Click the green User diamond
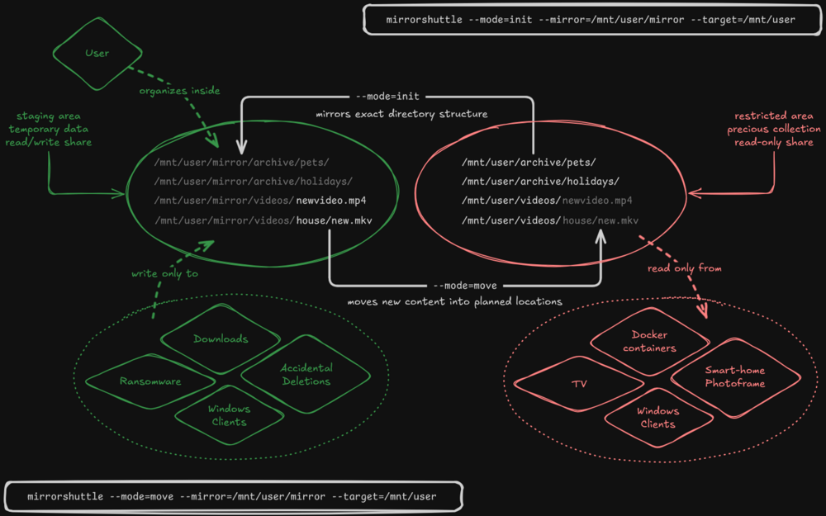97,53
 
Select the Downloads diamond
221,338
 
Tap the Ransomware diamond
150,381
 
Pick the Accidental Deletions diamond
306,374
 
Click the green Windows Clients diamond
229,415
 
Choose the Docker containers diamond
649,341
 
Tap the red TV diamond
579,384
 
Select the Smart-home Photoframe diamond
735,377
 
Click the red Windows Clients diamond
658,418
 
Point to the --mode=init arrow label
387,97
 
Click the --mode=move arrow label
465,286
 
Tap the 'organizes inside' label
179,91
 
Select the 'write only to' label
165,273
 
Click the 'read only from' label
684,268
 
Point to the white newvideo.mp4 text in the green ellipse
331,201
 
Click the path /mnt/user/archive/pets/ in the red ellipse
529,162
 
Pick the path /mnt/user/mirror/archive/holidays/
254,182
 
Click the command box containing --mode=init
591,20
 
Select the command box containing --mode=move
234,496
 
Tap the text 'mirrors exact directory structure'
401,114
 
